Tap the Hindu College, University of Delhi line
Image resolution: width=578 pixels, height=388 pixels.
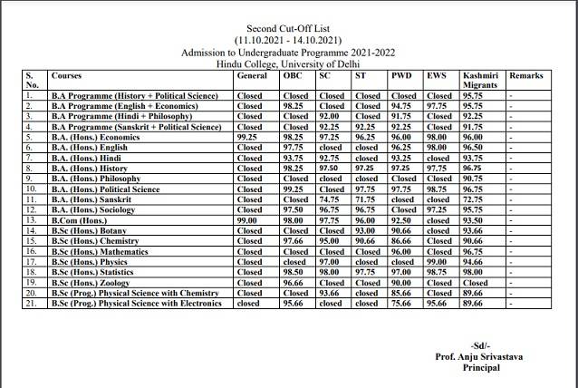(288, 64)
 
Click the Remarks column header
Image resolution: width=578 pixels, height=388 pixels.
(526, 75)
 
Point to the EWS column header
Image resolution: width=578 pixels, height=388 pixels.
(437, 75)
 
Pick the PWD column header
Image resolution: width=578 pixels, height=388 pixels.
(401, 75)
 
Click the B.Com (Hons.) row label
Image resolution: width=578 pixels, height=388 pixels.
(80, 219)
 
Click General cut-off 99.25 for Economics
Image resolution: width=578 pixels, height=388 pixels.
(248, 136)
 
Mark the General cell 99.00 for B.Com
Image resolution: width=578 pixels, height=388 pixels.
(248, 219)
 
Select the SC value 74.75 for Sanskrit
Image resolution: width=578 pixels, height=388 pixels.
(331, 199)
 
